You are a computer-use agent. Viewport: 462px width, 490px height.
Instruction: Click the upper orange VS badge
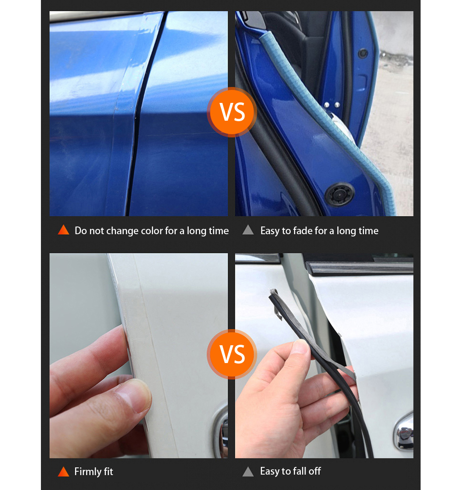pyautogui.click(x=232, y=112)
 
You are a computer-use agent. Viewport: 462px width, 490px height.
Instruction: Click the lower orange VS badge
pyautogui.click(x=232, y=354)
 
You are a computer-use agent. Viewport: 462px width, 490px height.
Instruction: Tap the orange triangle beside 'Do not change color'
pyautogui.click(x=64, y=230)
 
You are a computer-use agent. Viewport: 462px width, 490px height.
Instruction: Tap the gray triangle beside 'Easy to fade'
pyautogui.click(x=248, y=230)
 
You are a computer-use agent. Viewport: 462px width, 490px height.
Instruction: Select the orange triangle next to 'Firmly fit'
pyautogui.click(x=64, y=472)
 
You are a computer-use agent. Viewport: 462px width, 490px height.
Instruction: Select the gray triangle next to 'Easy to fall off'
pyautogui.click(x=248, y=472)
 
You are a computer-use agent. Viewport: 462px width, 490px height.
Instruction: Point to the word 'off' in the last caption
pyautogui.click(x=315, y=471)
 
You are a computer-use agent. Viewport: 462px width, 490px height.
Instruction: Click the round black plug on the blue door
pyautogui.click(x=339, y=194)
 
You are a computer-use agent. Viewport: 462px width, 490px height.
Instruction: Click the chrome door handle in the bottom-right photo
pyautogui.click(x=404, y=432)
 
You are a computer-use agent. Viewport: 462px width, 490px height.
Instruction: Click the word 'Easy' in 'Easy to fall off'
pyautogui.click(x=270, y=471)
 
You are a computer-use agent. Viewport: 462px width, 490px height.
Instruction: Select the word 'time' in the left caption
pyautogui.click(x=218, y=231)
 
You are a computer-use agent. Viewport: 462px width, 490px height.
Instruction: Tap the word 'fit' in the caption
pyautogui.click(x=108, y=471)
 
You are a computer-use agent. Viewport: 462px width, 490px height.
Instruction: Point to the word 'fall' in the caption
pyautogui.click(x=300, y=471)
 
